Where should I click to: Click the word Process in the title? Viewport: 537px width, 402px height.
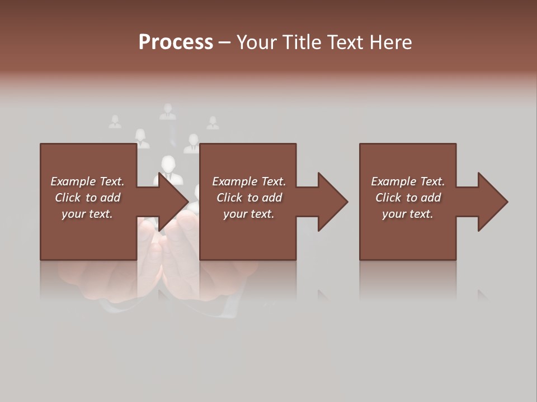coord(176,42)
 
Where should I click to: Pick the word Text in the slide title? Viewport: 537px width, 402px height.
coord(345,42)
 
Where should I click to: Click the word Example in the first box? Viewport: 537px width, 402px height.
coord(73,181)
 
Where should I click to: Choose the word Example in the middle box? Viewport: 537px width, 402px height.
coord(234,181)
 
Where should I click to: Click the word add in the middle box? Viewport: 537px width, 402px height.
coord(272,198)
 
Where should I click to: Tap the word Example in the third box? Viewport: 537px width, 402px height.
coord(393,181)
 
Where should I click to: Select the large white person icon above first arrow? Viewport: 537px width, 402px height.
coord(167,167)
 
